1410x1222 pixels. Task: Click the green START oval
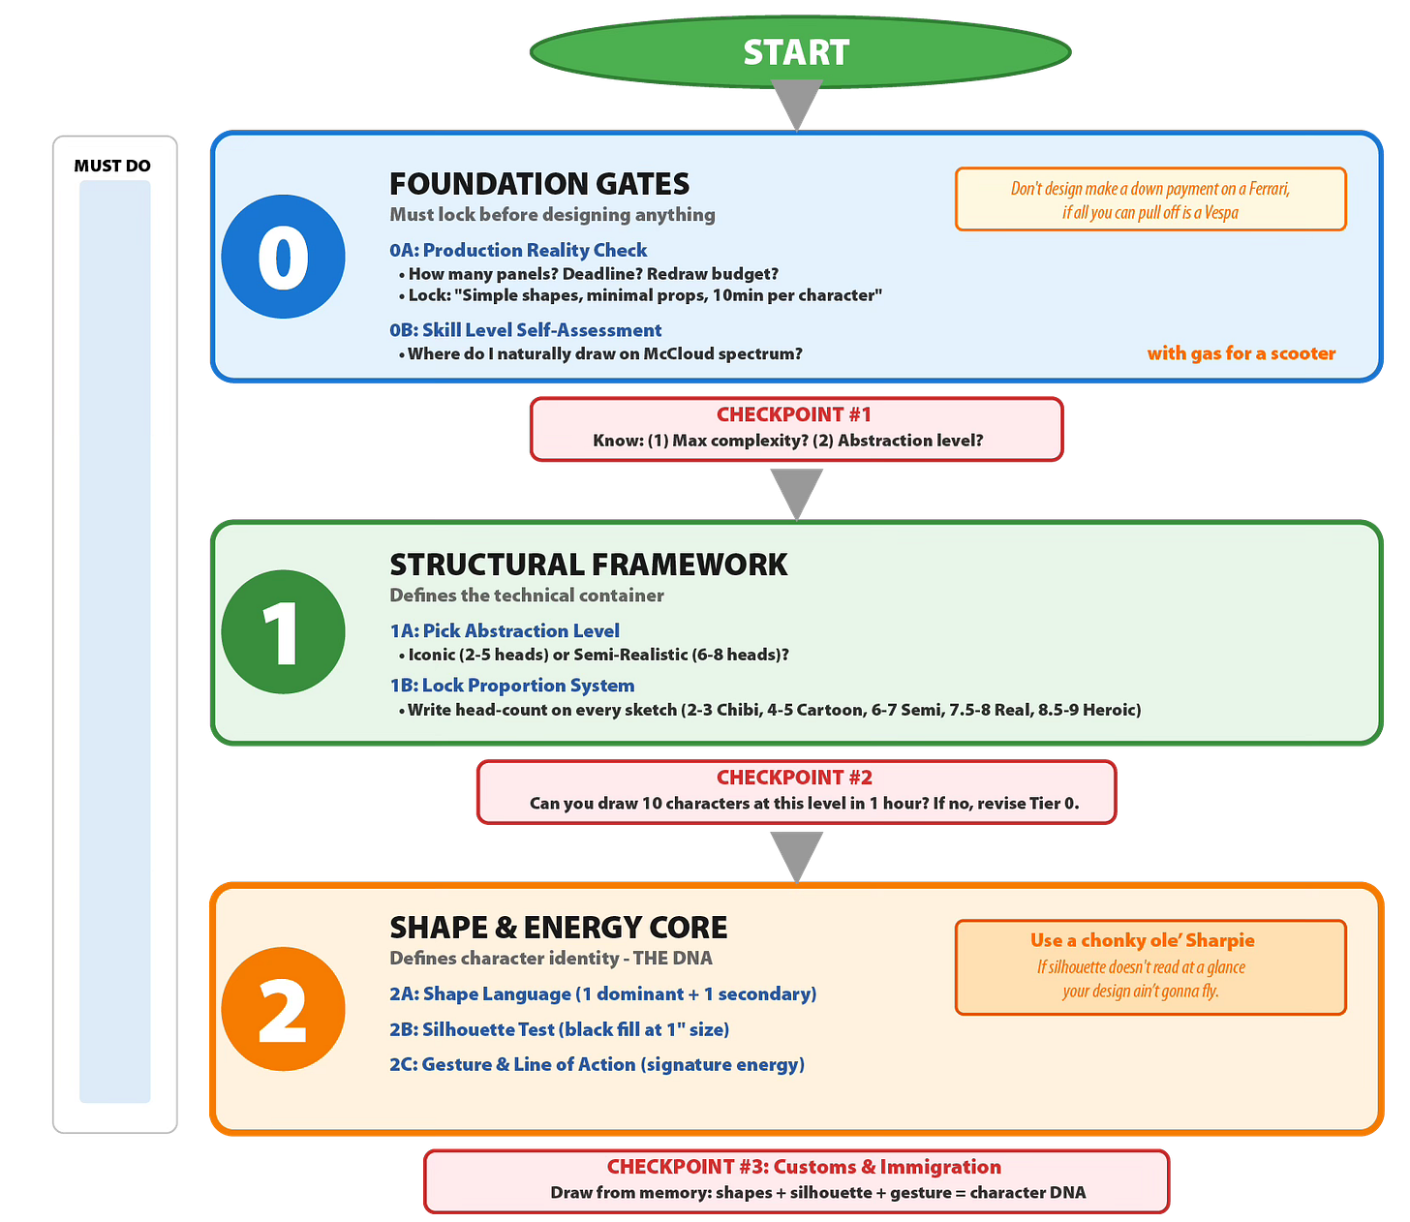(x=799, y=52)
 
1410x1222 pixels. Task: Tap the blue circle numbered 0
(x=283, y=257)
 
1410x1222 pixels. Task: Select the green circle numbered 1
(x=283, y=631)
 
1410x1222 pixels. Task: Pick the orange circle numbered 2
(x=283, y=1008)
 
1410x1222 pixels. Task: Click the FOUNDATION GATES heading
(x=539, y=184)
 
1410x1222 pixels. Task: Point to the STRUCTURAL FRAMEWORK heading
(x=588, y=565)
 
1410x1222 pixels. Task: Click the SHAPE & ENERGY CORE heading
(x=558, y=928)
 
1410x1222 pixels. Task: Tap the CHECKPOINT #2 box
(x=796, y=791)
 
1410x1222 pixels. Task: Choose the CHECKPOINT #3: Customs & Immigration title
(x=804, y=1167)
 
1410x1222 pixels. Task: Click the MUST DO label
(x=112, y=166)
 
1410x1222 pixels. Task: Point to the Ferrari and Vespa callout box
(x=1150, y=199)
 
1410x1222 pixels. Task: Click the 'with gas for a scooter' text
(x=1241, y=353)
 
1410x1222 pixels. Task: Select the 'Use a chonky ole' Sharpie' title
(x=1142, y=940)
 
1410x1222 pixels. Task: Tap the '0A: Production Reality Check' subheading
(x=518, y=250)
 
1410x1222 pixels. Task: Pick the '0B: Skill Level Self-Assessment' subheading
(x=525, y=330)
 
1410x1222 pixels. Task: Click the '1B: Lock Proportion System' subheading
(x=511, y=686)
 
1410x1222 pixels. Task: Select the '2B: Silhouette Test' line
(x=559, y=1029)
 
